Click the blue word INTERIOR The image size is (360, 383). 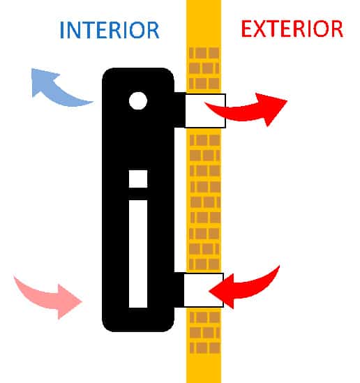[110, 30]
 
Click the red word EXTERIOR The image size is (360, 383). [292, 29]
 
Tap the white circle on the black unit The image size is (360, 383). [138, 100]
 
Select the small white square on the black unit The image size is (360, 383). [138, 179]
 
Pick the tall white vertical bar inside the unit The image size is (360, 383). [138, 254]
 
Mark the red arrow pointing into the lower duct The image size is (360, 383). [244, 288]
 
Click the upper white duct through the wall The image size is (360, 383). [205, 111]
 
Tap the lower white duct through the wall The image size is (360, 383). [204, 290]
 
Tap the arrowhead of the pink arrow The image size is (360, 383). [70, 301]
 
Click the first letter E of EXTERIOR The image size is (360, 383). [247, 29]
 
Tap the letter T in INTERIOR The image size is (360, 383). [89, 30]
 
